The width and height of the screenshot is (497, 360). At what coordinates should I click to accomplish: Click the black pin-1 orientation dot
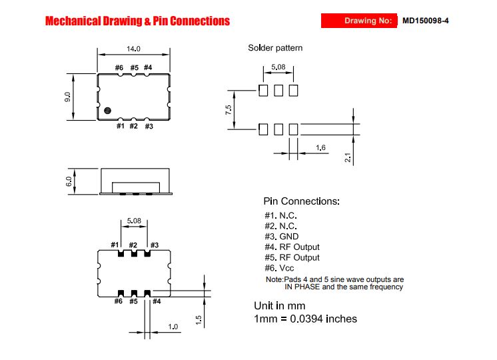107,111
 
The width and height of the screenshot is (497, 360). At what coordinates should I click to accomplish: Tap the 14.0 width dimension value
133,49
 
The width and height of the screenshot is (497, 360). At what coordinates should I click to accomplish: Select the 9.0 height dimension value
67,97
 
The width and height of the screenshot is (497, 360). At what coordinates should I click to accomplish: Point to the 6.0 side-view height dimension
69,182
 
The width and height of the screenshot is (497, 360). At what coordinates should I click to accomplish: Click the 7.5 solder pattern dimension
229,110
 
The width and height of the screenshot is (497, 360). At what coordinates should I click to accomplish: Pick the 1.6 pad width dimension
320,147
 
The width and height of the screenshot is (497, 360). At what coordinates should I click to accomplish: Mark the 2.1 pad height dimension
348,157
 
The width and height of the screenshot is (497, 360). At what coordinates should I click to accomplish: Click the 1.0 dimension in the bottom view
173,327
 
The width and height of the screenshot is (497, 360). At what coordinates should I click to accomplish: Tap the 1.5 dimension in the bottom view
199,320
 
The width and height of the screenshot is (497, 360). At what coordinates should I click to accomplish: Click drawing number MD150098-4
425,21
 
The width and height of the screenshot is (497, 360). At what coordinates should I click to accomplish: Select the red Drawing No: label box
359,21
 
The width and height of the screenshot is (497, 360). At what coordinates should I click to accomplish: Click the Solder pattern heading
275,48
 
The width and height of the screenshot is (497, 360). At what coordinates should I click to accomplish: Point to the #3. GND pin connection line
281,237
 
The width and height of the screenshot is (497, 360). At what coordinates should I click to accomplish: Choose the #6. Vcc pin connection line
279,269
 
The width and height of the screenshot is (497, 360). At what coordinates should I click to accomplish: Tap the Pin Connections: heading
301,201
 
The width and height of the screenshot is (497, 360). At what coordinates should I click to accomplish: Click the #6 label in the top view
119,67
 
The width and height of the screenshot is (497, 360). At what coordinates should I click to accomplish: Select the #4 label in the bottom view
157,301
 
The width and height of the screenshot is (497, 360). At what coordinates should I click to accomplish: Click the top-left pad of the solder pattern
263,91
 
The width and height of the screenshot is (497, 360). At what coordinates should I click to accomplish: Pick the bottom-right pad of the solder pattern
294,129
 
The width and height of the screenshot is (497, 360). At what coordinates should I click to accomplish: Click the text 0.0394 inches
323,319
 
